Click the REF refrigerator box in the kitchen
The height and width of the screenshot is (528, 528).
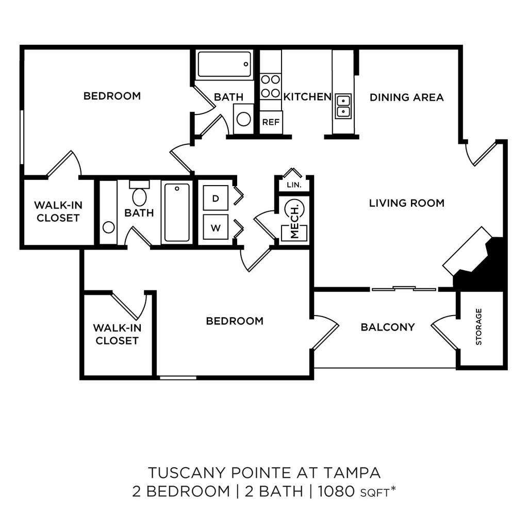[x=271, y=122]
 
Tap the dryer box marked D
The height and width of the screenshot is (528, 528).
[x=216, y=199]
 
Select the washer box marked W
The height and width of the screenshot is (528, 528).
[x=216, y=227]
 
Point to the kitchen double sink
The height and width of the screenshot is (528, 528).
[x=343, y=106]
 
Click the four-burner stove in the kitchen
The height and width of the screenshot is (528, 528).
[x=270, y=86]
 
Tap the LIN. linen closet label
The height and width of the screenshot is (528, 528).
[x=294, y=185]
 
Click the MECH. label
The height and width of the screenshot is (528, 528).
[x=294, y=221]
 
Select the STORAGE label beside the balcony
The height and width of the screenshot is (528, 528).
[x=478, y=326]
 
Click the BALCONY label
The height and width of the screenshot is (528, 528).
[x=388, y=327]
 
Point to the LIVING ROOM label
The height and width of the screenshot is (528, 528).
[x=407, y=203]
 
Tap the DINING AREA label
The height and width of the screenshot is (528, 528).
[x=406, y=97]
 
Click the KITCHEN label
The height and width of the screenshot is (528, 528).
[x=307, y=96]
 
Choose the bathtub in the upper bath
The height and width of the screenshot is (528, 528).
[x=224, y=64]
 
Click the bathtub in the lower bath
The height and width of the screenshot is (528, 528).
[x=177, y=212]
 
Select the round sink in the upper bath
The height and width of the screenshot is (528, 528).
[x=243, y=119]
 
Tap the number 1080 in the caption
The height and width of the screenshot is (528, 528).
[x=336, y=491]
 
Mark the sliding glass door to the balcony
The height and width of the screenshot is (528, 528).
[x=404, y=289]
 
